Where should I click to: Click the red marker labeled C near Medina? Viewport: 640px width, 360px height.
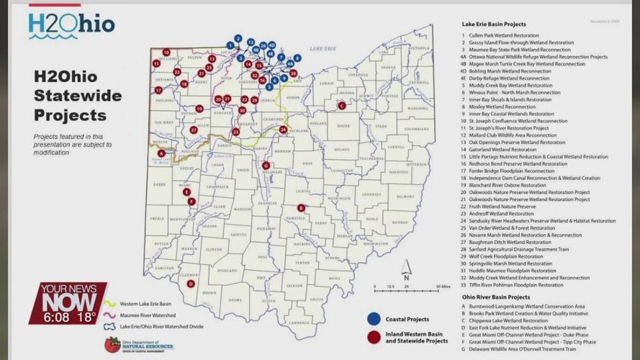click(x=341, y=105)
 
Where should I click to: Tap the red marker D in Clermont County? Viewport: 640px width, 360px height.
click(x=191, y=284)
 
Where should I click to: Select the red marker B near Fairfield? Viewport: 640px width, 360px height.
click(x=301, y=208)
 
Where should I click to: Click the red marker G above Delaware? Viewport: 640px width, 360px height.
click(x=266, y=165)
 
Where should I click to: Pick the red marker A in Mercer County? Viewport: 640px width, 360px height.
click(x=161, y=153)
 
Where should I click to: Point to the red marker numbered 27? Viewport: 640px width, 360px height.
click(x=194, y=130)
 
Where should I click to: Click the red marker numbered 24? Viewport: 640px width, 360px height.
click(x=283, y=130)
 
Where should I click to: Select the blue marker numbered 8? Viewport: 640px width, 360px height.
click(x=297, y=58)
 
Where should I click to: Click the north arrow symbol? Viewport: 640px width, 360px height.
click(x=406, y=269)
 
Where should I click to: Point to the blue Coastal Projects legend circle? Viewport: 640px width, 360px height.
click(x=374, y=318)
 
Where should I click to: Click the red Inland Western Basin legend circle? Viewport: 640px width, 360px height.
click(x=374, y=337)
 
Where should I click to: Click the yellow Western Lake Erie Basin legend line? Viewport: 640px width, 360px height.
click(x=110, y=304)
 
